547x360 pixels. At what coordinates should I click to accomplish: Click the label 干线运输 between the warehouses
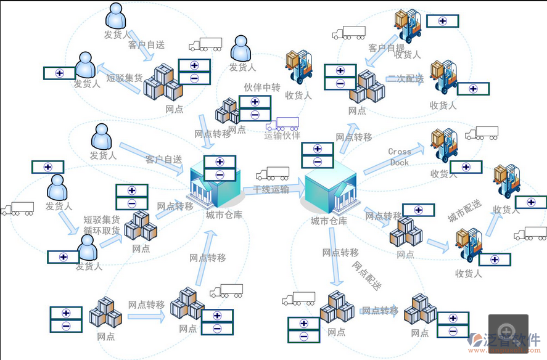(x=271, y=190)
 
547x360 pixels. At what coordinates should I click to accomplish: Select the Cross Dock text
(x=400, y=157)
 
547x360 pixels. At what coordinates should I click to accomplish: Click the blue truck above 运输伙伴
(x=282, y=123)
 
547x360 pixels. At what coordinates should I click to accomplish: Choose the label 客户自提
(x=387, y=47)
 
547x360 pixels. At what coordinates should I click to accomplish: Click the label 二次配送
(x=405, y=79)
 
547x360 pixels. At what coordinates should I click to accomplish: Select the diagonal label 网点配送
(x=367, y=275)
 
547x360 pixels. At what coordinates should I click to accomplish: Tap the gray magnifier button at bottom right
(x=508, y=329)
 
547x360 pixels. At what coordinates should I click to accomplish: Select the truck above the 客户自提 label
(x=348, y=33)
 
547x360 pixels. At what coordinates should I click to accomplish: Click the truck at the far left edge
(x=17, y=209)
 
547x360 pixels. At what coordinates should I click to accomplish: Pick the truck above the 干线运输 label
(x=273, y=174)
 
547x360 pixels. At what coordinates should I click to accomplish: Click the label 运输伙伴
(x=282, y=136)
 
